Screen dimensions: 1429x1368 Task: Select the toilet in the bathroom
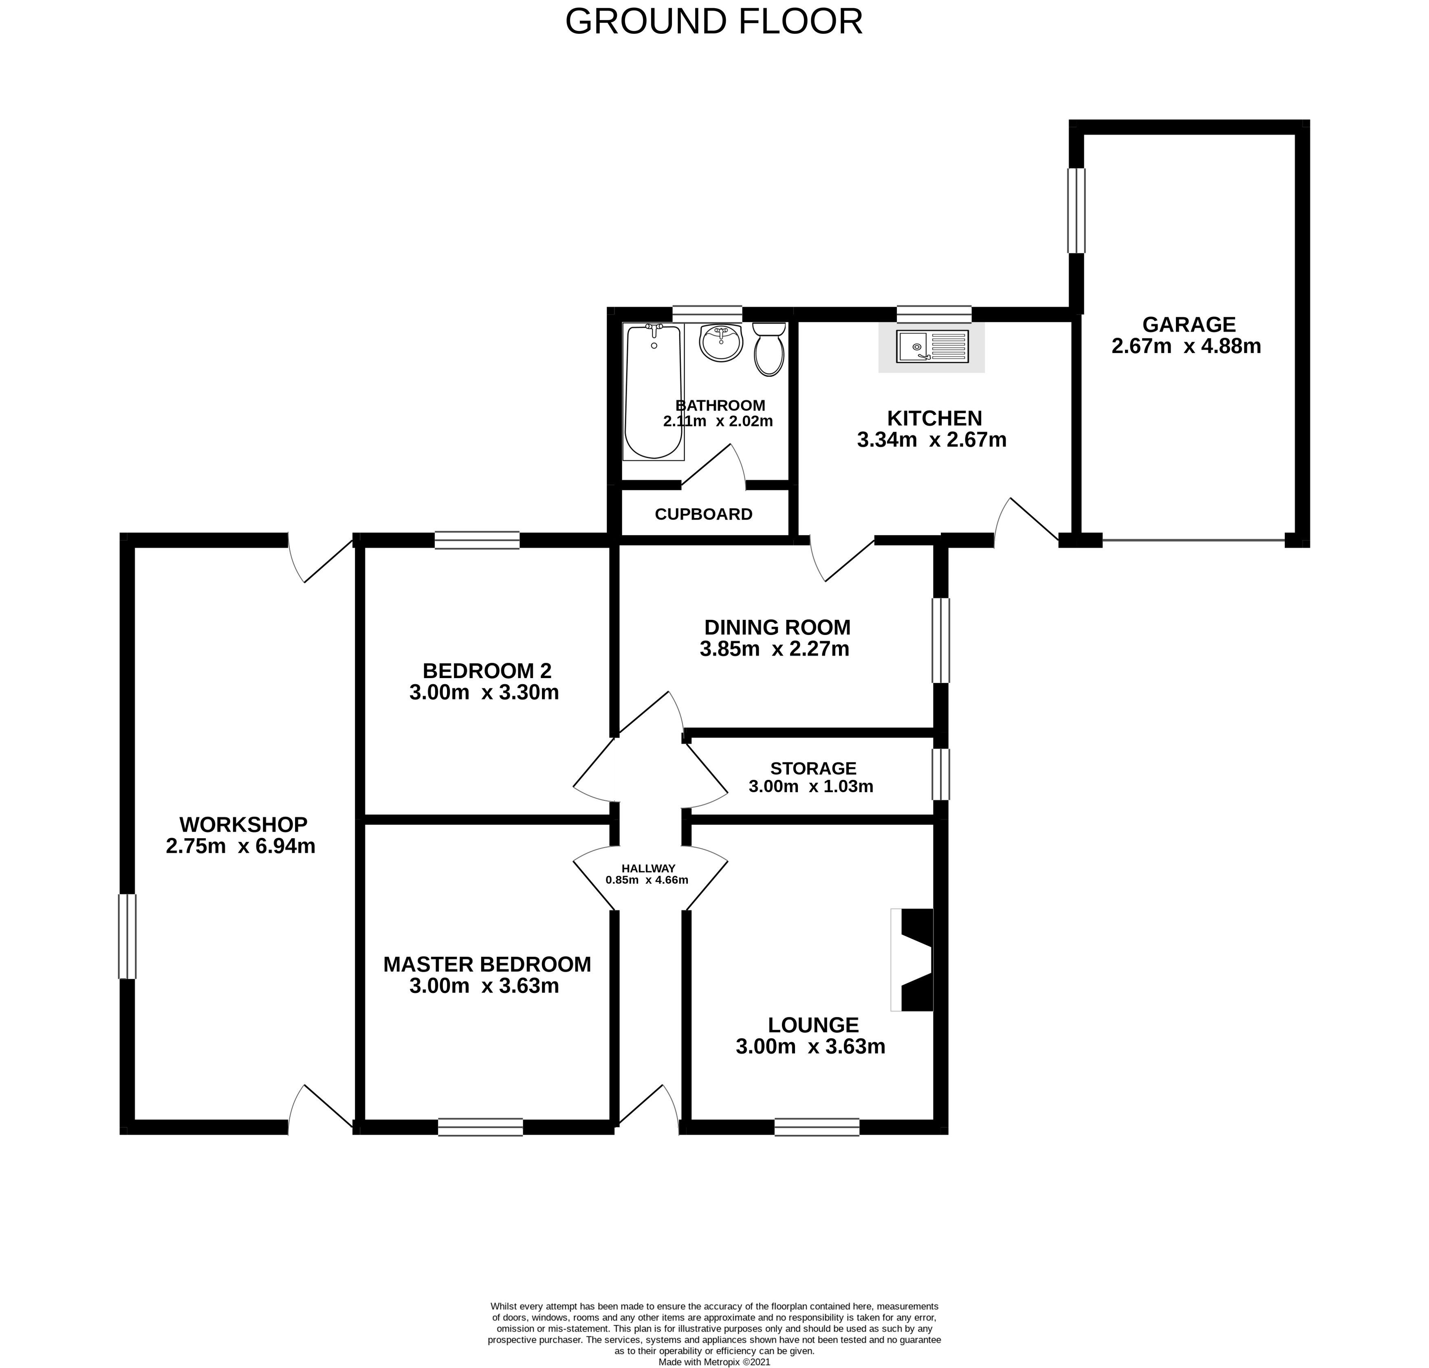[x=769, y=350]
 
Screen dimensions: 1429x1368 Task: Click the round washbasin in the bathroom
[x=721, y=343]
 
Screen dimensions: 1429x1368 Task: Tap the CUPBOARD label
[x=704, y=514]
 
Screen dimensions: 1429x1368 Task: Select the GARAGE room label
[x=1189, y=324]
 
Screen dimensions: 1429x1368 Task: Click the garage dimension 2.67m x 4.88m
[x=1186, y=346]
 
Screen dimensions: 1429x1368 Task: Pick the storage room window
[x=941, y=774]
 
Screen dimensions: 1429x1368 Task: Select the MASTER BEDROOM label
[x=487, y=964]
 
